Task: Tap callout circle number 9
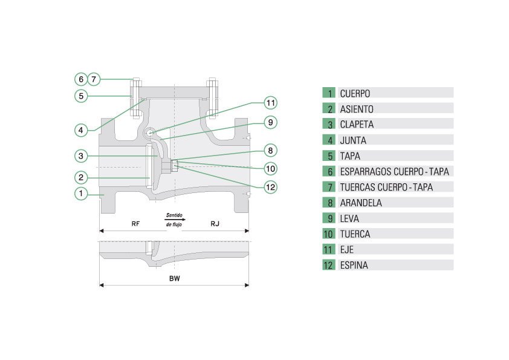click(x=271, y=122)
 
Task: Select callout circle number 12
click(x=271, y=187)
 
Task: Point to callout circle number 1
click(x=80, y=193)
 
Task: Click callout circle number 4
click(x=80, y=129)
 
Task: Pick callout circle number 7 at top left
click(x=94, y=79)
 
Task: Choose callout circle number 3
click(x=80, y=155)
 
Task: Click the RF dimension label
click(x=136, y=224)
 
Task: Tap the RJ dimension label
click(x=215, y=224)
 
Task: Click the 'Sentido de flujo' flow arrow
click(x=175, y=220)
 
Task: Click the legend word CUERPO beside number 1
click(x=355, y=94)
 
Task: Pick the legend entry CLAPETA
click(x=357, y=125)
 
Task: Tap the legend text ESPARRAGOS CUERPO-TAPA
click(x=394, y=171)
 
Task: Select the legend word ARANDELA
click(x=361, y=203)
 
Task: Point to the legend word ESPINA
click(x=354, y=265)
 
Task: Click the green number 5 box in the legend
click(x=329, y=156)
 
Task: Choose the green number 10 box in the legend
click(x=329, y=234)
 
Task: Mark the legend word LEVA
click(x=349, y=218)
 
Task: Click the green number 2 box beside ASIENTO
click(x=329, y=109)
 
